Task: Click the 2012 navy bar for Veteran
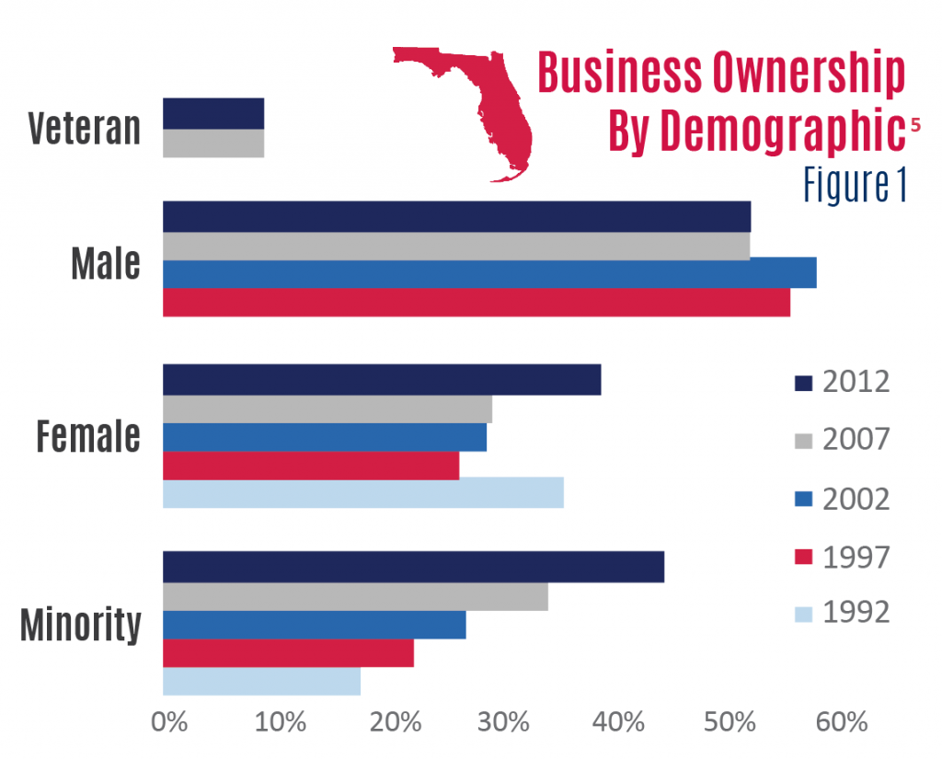point(213,114)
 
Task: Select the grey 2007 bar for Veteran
point(213,144)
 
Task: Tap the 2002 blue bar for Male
point(489,274)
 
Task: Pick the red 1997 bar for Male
point(477,303)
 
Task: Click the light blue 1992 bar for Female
point(363,494)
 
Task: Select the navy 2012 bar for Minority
point(413,567)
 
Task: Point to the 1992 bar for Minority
point(261,682)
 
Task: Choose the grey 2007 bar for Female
point(327,409)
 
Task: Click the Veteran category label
point(84,129)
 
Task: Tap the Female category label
point(88,436)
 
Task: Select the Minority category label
point(81,625)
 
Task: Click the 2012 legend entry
point(842,382)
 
